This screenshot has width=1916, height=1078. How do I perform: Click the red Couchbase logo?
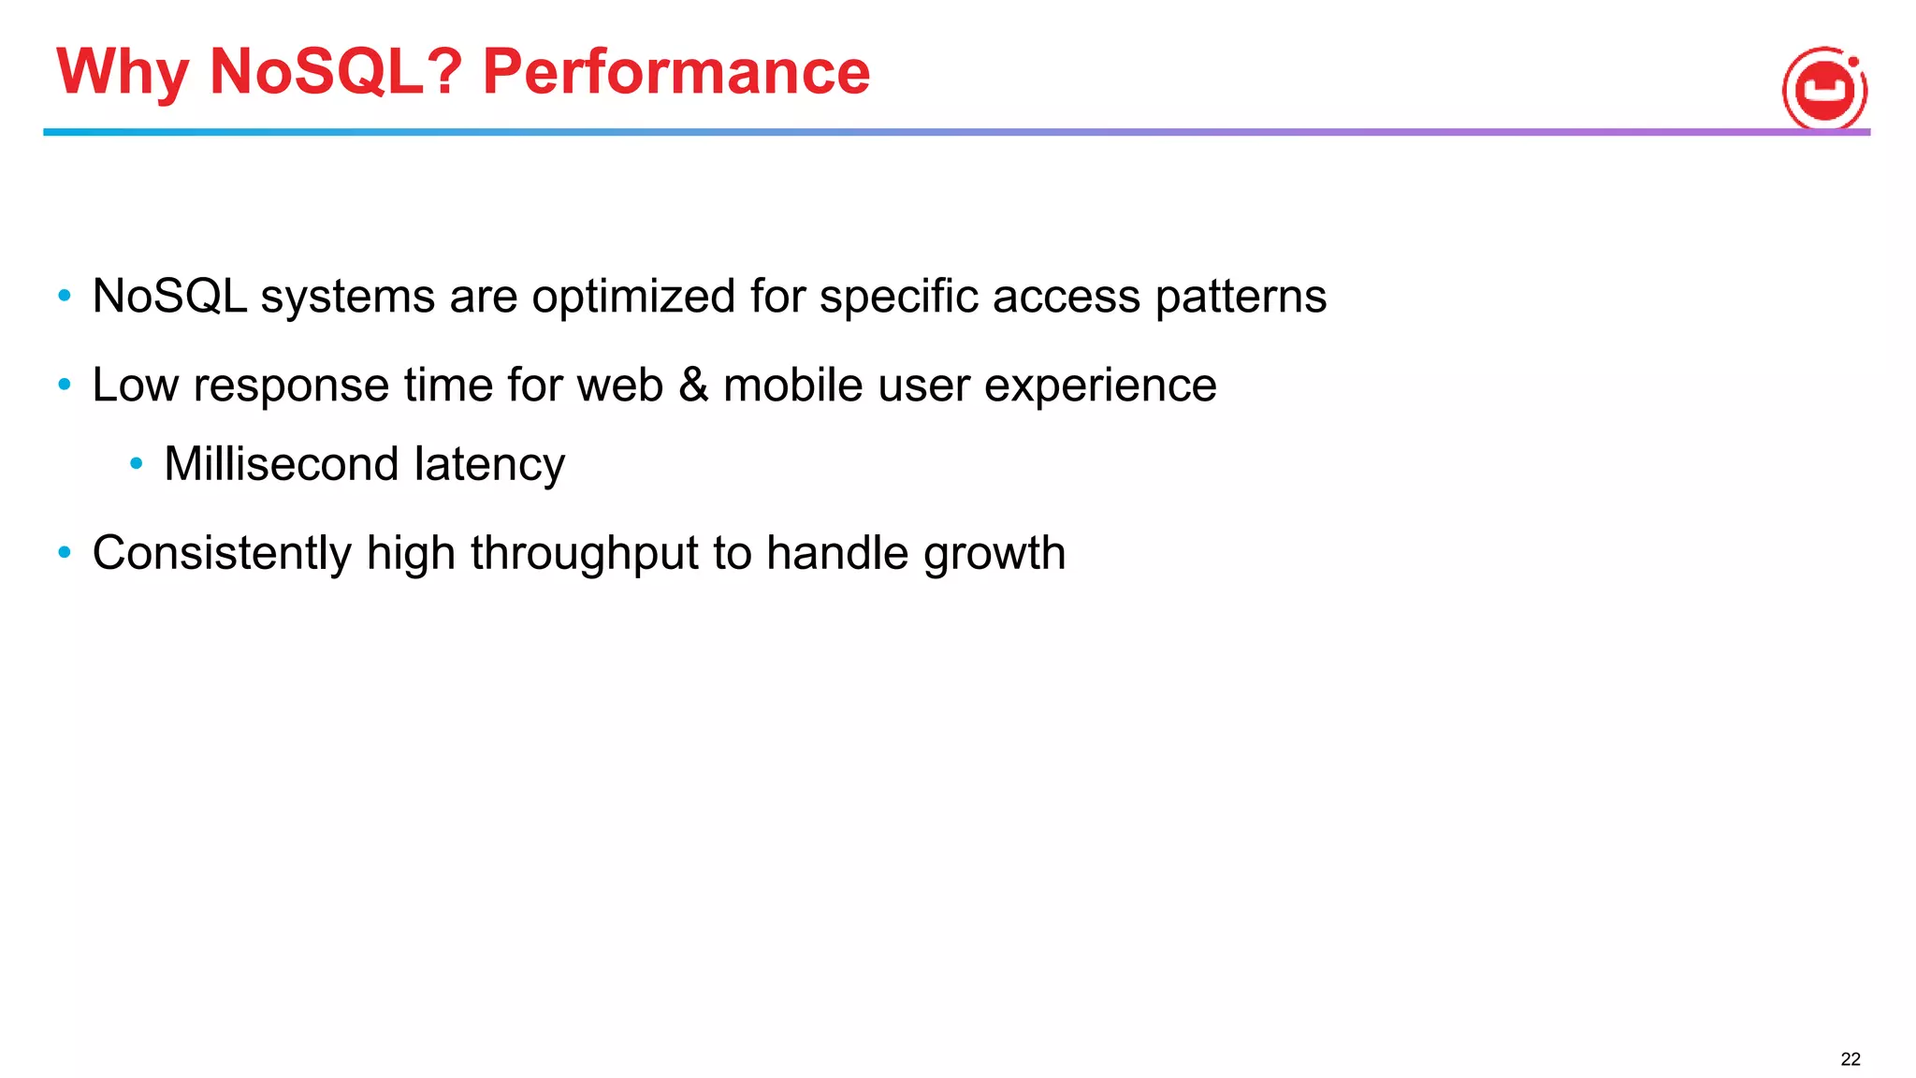click(1824, 89)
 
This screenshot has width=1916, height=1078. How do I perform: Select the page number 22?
click(1850, 1059)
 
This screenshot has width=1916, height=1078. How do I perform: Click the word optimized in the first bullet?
click(633, 298)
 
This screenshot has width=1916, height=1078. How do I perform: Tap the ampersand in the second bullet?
click(693, 385)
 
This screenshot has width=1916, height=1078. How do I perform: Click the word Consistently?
click(222, 553)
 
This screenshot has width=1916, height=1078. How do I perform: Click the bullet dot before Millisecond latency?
click(137, 463)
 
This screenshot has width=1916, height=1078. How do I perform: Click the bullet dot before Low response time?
click(65, 384)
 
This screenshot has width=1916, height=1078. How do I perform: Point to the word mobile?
click(792, 385)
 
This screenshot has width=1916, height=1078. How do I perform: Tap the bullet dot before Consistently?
click(65, 552)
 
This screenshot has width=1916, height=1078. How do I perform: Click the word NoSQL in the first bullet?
click(169, 297)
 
